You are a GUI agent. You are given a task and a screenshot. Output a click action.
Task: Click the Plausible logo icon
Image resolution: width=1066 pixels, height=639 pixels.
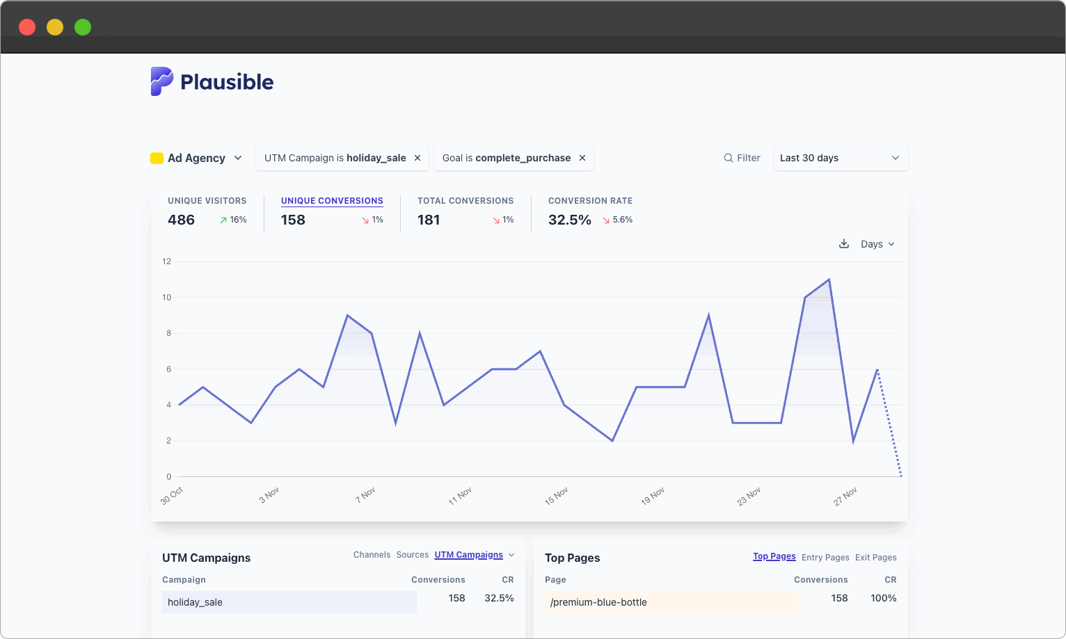point(161,81)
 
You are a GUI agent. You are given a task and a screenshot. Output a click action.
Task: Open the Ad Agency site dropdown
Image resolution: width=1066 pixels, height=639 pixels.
point(197,158)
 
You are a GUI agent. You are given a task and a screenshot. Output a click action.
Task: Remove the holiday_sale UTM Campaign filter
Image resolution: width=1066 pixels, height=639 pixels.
point(417,158)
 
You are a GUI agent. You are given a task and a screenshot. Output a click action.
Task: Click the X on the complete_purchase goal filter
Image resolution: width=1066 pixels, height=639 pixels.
point(582,158)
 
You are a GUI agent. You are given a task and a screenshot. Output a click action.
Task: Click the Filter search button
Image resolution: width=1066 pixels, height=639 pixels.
point(742,158)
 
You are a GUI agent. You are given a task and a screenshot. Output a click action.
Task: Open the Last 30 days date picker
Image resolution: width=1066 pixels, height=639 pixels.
point(840,158)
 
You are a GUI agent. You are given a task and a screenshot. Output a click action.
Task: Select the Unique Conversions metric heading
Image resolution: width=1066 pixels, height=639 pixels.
point(332,201)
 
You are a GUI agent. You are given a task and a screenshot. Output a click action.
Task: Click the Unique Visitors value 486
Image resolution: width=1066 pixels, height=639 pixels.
point(181,220)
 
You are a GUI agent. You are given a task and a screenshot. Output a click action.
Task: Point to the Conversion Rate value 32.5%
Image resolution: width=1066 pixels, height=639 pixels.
point(569,220)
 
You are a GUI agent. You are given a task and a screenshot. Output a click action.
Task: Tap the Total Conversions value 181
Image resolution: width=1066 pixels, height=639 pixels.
point(429,220)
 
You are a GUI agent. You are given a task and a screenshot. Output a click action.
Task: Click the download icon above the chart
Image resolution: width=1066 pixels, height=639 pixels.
point(844,244)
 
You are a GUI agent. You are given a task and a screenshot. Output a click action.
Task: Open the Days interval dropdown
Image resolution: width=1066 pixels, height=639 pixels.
point(877,244)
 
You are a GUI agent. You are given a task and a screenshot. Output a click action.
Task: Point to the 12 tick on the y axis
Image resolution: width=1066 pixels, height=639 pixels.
point(167,261)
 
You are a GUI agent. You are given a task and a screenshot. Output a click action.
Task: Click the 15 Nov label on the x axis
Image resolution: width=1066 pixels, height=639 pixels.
point(557,496)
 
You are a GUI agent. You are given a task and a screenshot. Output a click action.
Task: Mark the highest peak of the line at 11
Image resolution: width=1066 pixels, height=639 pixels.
point(829,280)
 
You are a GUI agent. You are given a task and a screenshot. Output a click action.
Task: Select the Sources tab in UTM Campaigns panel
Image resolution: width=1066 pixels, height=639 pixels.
point(412,555)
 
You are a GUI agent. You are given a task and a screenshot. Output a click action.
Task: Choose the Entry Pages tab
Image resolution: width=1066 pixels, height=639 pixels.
point(825,558)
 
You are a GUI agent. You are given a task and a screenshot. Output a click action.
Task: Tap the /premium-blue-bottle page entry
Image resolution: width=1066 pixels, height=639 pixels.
point(598,602)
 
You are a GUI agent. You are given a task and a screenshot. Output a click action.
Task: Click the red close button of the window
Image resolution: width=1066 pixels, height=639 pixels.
point(27,27)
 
